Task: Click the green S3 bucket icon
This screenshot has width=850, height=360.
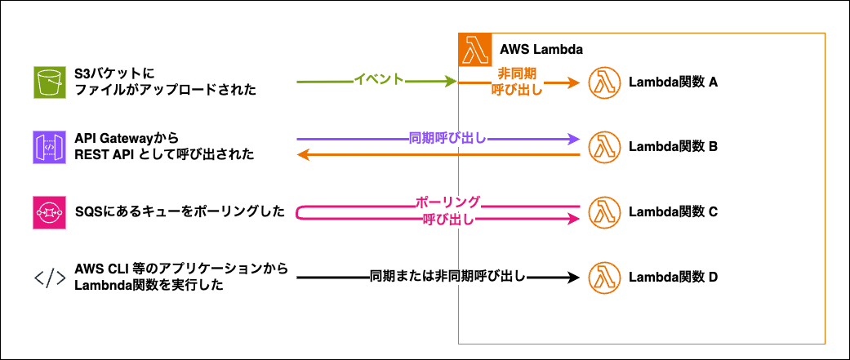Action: (x=48, y=82)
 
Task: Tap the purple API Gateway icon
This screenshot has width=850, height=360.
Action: (x=48, y=147)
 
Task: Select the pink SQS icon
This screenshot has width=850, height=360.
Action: (x=48, y=212)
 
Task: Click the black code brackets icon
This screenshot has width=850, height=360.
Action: (x=49, y=278)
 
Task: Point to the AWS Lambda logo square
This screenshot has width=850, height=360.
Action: (x=475, y=49)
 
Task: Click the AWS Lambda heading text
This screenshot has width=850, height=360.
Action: (x=540, y=49)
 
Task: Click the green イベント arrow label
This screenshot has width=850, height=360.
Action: (x=378, y=80)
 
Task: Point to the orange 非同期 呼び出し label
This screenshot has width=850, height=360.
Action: (x=518, y=82)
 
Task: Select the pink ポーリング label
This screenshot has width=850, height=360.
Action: (x=447, y=202)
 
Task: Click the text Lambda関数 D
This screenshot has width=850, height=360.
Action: (x=673, y=278)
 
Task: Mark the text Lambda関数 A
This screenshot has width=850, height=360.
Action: (x=673, y=82)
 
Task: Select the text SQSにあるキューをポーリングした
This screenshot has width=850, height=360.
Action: (x=180, y=212)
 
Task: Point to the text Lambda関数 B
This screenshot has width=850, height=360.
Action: (x=673, y=147)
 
